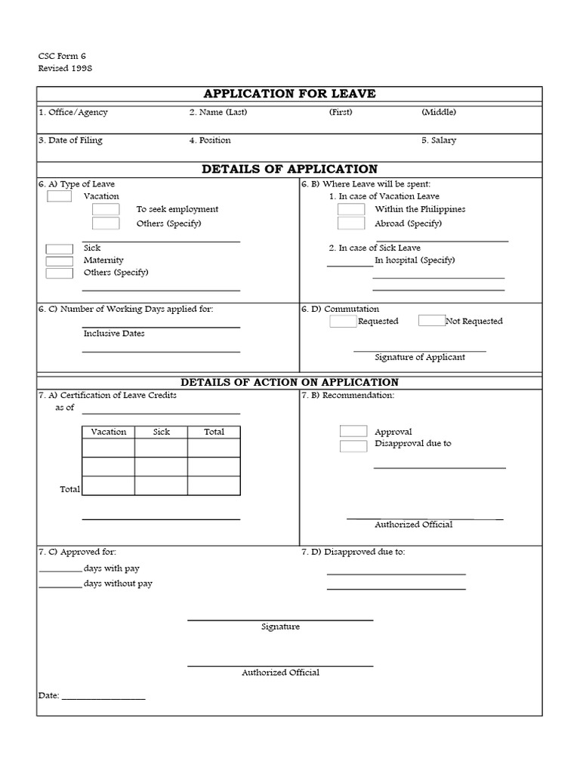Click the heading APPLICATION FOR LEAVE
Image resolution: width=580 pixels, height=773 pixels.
289,94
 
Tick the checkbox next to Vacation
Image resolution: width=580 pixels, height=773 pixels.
59,196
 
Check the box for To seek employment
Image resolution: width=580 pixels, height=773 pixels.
106,209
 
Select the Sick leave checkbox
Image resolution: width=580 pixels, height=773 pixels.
59,248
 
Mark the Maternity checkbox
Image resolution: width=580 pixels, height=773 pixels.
59,260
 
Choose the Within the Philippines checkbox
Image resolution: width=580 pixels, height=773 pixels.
351,209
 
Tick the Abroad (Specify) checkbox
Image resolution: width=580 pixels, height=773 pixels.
351,223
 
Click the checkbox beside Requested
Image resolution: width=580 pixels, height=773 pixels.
343,321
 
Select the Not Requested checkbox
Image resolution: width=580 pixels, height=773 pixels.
431,320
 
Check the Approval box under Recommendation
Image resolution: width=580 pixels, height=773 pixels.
353,431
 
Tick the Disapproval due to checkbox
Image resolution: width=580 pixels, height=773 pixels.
353,445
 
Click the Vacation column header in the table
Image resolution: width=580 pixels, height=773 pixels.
108,432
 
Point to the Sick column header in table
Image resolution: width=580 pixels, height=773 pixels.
161,432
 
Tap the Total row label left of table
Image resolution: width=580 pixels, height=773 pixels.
69,489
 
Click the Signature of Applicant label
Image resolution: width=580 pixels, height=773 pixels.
420,357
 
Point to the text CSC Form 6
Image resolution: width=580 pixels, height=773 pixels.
57,57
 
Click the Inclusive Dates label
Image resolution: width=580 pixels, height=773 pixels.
114,333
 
